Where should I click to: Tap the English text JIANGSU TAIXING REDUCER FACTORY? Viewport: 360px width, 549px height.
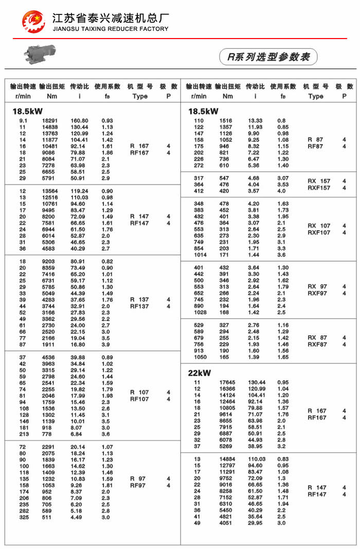pos(111,29)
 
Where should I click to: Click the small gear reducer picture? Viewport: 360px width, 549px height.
pos(41,53)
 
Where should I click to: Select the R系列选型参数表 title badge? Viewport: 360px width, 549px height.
pos(268,57)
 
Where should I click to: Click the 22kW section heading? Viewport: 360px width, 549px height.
pos(200,373)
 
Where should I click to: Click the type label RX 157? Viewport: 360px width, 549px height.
pos(319,181)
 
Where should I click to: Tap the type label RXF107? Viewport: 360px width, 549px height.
pos(319,232)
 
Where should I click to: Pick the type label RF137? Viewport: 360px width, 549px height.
pos(139,306)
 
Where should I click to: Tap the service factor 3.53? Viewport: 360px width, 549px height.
pos(283,185)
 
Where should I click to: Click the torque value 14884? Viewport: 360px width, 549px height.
pos(227,459)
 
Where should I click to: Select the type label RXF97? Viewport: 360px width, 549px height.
pos(317,293)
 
